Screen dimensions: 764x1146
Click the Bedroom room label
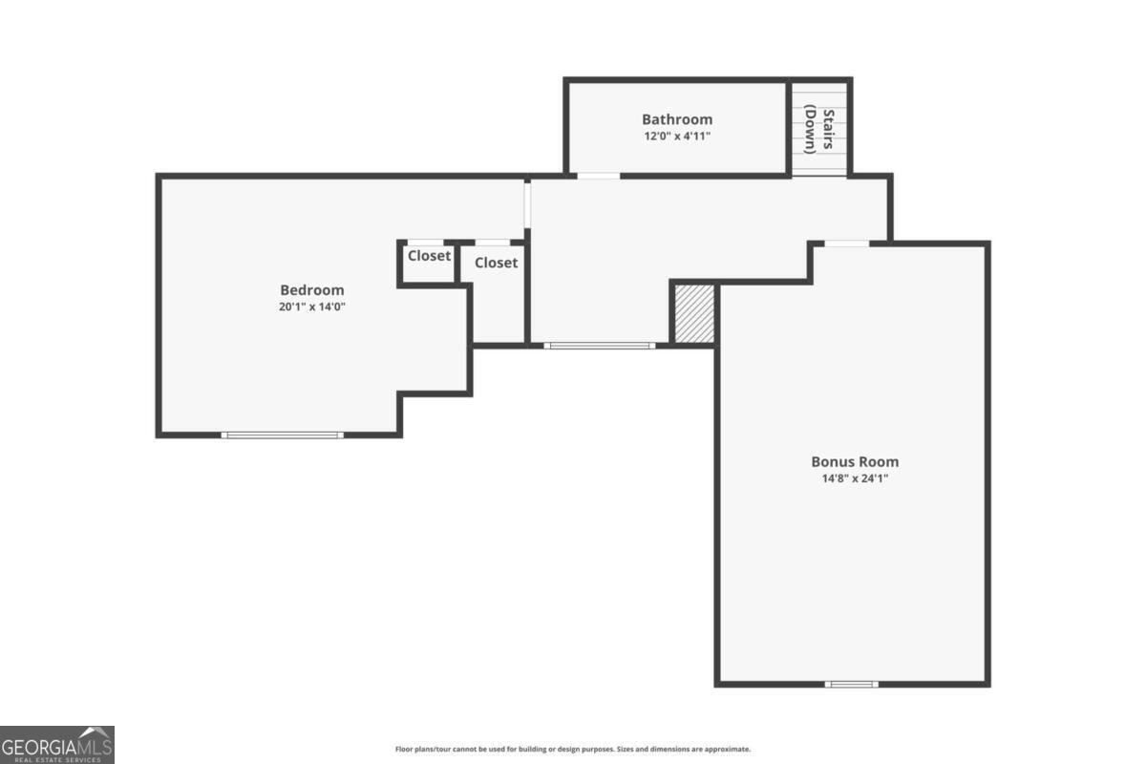click(311, 290)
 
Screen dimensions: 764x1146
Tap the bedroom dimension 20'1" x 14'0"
click(311, 308)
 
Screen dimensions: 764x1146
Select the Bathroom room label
click(676, 119)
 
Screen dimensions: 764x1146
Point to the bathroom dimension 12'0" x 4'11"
click(676, 137)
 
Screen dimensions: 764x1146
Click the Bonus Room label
click(855, 461)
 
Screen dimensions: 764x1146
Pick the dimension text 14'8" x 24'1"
click(855, 478)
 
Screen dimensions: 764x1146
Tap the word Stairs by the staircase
click(829, 129)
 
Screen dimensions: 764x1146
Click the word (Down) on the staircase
click(809, 129)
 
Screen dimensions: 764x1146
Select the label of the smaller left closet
click(429, 256)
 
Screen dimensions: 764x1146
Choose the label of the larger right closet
click(496, 263)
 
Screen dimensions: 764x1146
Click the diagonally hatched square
click(694, 312)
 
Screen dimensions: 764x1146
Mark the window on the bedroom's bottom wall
click(282, 435)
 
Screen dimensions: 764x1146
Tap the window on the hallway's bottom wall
click(600, 345)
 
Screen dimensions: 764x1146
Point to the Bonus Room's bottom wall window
click(851, 684)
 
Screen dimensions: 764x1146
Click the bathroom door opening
click(599, 176)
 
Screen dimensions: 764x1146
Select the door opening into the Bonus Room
click(846, 244)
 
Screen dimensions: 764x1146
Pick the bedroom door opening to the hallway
click(526, 205)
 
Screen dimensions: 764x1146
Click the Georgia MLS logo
click(57, 745)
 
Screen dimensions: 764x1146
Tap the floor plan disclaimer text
click(573, 750)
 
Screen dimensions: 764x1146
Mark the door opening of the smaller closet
click(426, 242)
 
